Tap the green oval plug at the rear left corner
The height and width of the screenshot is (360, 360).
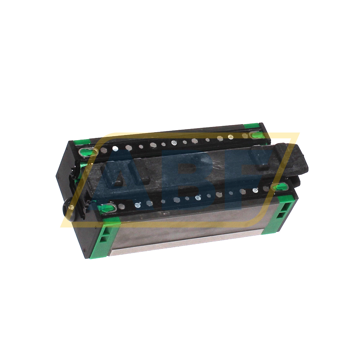click(86, 152)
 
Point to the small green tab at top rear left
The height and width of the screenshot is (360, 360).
click(81, 142)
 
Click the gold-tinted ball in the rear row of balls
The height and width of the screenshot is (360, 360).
click(230, 137)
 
